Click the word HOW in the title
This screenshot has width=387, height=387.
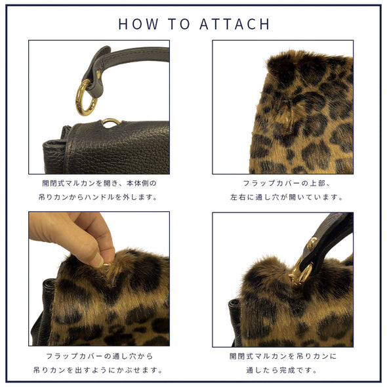(138, 24)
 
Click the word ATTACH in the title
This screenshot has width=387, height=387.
(234, 24)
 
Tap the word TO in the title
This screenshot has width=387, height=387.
(179, 24)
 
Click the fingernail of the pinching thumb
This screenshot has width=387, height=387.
(98, 263)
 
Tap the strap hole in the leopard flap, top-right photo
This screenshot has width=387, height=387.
(286, 116)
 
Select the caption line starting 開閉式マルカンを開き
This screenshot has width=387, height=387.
(99, 183)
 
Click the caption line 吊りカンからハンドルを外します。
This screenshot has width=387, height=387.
(98, 197)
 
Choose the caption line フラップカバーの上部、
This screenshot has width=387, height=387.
(286, 183)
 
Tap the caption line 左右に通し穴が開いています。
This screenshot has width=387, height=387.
(286, 197)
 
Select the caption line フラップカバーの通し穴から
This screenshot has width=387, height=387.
(100, 356)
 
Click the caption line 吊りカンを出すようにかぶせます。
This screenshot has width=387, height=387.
(98, 370)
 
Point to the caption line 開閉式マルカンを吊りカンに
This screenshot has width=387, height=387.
(283, 356)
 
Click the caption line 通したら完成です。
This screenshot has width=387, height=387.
(281, 370)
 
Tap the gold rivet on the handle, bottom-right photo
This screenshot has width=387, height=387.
(312, 243)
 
